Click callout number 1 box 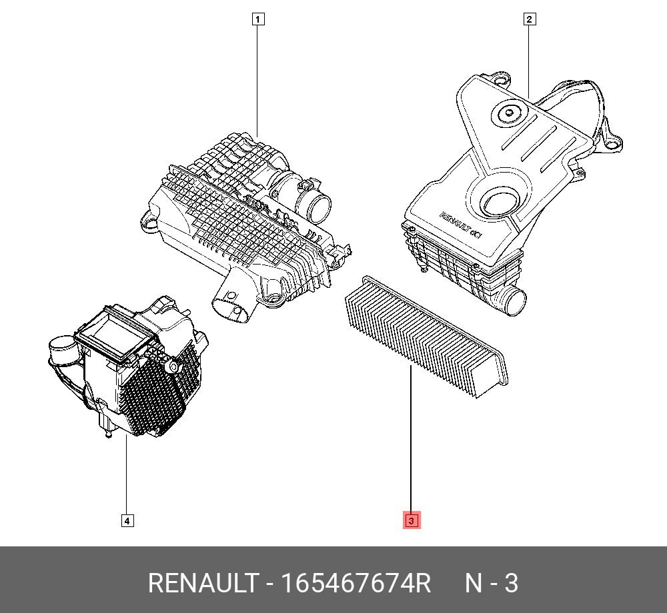click(x=257, y=19)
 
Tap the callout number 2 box click(x=528, y=19)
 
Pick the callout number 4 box click(x=127, y=520)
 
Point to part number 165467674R click(x=356, y=584)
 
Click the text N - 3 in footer click(x=491, y=584)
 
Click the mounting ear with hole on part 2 click(x=612, y=141)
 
